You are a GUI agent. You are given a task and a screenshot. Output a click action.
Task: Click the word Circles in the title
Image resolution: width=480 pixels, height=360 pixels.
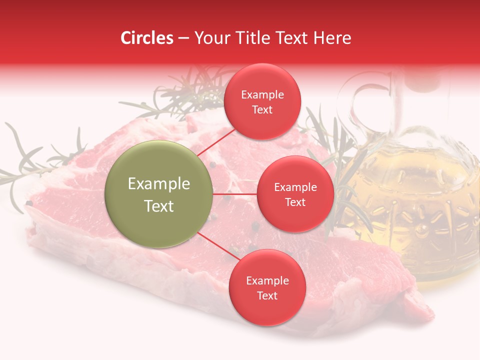(147, 38)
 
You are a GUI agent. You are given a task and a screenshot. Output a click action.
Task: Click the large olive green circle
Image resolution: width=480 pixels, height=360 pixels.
(159, 194)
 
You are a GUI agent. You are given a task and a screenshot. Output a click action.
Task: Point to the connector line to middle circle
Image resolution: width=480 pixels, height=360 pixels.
(235, 194)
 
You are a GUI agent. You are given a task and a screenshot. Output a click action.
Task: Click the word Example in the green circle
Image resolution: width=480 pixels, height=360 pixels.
(159, 184)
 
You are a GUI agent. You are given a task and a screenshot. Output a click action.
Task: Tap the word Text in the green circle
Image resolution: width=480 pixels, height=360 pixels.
(159, 206)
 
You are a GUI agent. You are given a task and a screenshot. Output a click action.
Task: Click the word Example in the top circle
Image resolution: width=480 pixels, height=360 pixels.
(262, 95)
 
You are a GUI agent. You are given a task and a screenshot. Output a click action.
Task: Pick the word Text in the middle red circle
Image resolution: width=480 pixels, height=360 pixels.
(295, 202)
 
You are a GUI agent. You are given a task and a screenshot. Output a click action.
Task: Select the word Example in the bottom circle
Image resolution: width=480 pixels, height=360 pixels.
(267, 281)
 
